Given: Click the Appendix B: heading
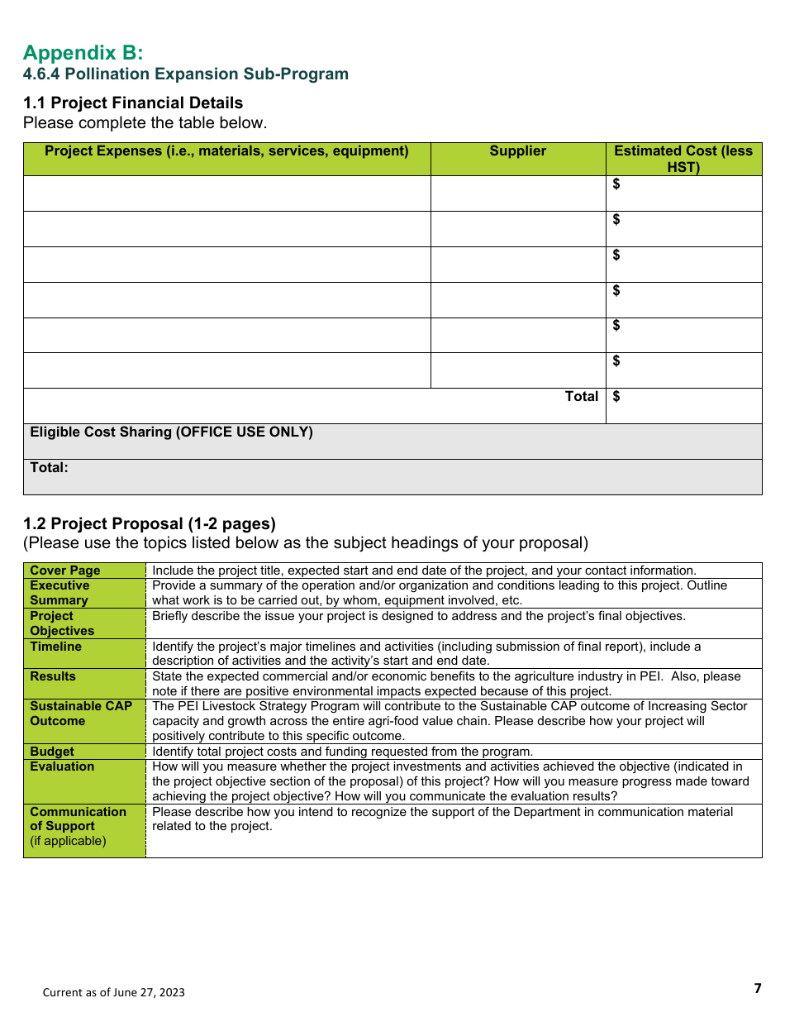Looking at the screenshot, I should point(83,53).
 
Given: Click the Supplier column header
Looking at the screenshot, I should point(517,150).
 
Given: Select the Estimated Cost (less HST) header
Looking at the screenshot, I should point(683,159).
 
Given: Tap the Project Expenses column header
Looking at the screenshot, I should point(226,150).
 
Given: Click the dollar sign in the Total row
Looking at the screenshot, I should point(616,397).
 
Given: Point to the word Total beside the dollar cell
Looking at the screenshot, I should point(581,397).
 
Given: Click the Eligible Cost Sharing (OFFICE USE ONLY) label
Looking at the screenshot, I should point(171,432).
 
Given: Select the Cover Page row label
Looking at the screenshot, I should point(64,571).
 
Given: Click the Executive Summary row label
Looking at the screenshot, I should point(59,593).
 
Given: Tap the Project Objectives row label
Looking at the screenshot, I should point(62,623).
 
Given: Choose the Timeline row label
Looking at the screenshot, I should point(55,647).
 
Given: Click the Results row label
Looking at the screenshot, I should point(52,676).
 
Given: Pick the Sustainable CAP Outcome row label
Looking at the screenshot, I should point(80,714).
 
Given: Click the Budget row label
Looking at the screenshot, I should point(51,752).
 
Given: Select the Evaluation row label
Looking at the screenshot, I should point(62,766).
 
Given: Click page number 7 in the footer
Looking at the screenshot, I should point(757,989).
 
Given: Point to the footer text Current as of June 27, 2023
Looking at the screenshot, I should point(114,992).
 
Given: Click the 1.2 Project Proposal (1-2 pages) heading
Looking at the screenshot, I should point(150,523).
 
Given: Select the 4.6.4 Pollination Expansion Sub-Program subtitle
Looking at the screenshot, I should point(186,74).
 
